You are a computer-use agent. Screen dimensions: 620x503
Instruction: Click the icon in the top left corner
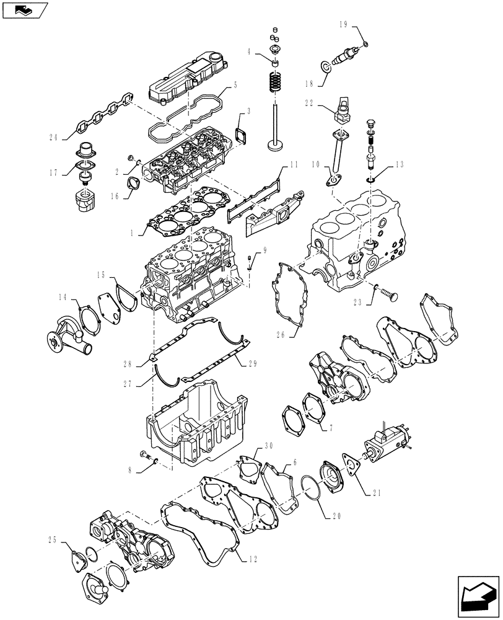pyautogui.click(x=24, y=9)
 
